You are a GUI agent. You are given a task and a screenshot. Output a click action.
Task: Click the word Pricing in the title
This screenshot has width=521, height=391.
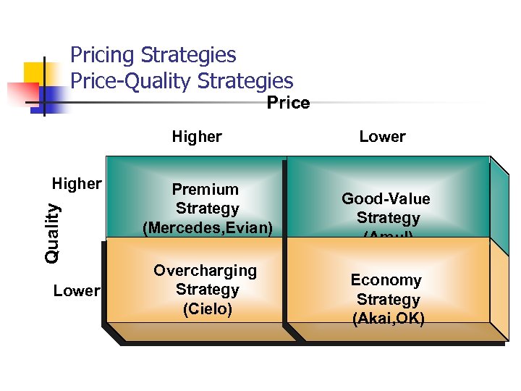pos(102,55)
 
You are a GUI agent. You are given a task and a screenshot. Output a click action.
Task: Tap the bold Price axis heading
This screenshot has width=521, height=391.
pos(288,103)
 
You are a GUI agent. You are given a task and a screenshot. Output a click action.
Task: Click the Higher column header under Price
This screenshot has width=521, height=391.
pos(197,136)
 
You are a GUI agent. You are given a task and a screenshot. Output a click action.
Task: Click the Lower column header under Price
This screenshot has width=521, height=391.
pos(382,136)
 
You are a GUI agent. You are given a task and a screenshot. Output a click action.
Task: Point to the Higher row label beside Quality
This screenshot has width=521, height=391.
pos(77,184)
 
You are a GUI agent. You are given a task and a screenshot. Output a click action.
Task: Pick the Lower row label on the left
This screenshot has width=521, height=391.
pos(76,291)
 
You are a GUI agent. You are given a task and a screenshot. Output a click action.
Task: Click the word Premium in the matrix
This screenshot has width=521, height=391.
pos(206,190)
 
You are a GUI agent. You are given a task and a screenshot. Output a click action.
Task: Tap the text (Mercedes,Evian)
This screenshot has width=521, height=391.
pos(208,228)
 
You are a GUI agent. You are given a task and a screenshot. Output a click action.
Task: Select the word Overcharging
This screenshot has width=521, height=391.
pos(205,271)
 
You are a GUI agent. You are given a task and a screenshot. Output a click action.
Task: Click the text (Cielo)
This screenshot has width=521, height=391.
pos(208,309)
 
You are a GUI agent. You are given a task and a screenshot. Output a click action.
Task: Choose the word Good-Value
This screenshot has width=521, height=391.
pos(386,199)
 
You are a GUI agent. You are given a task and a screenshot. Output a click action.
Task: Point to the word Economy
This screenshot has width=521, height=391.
pos(386,280)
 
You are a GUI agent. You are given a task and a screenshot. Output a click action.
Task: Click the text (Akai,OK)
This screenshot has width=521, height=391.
pos(389,319)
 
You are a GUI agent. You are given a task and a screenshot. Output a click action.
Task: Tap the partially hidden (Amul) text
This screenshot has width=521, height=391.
pos(389,234)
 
